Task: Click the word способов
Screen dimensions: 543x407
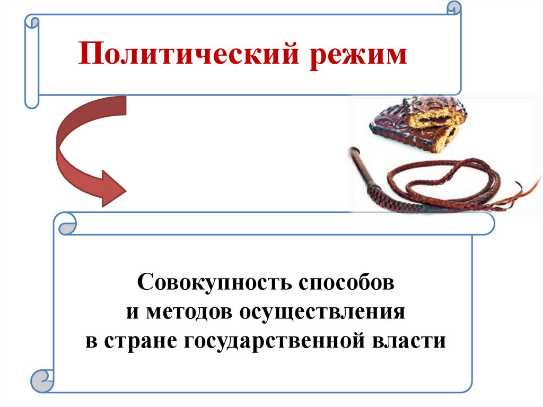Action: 348,281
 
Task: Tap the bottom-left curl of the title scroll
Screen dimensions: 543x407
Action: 31,99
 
